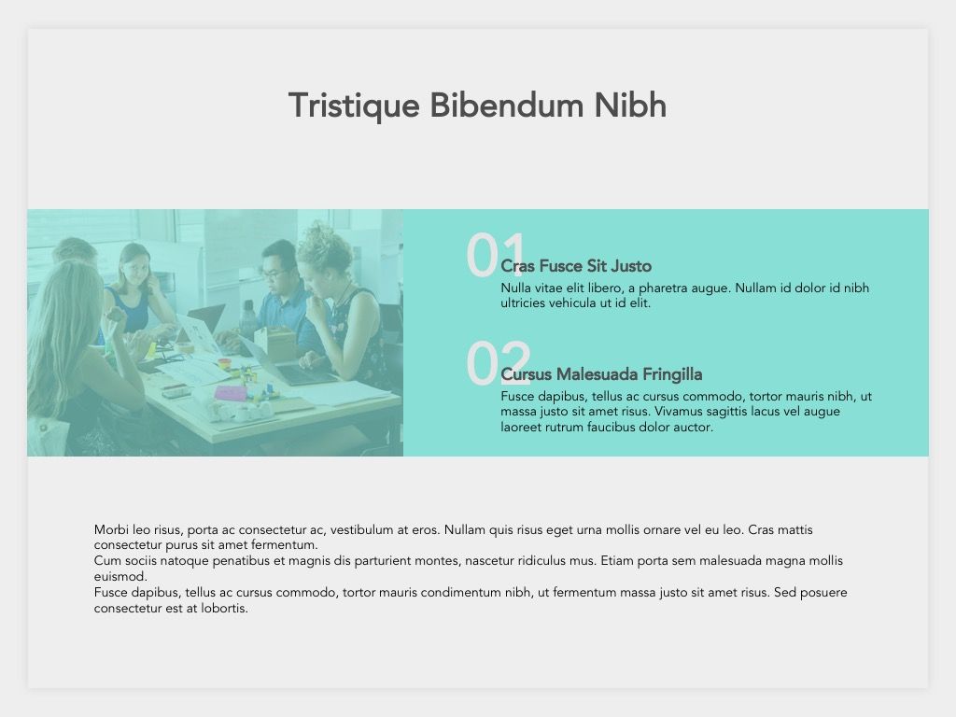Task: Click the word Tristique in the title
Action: click(x=354, y=106)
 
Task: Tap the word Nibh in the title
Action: click(x=630, y=105)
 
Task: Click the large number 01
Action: click(x=495, y=255)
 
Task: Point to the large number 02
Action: click(x=499, y=363)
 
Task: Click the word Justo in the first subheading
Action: click(x=631, y=266)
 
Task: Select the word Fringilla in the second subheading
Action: click(x=672, y=375)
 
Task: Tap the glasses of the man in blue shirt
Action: click(x=275, y=274)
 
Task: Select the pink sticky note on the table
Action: click(x=231, y=393)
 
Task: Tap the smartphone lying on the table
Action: click(x=176, y=390)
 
